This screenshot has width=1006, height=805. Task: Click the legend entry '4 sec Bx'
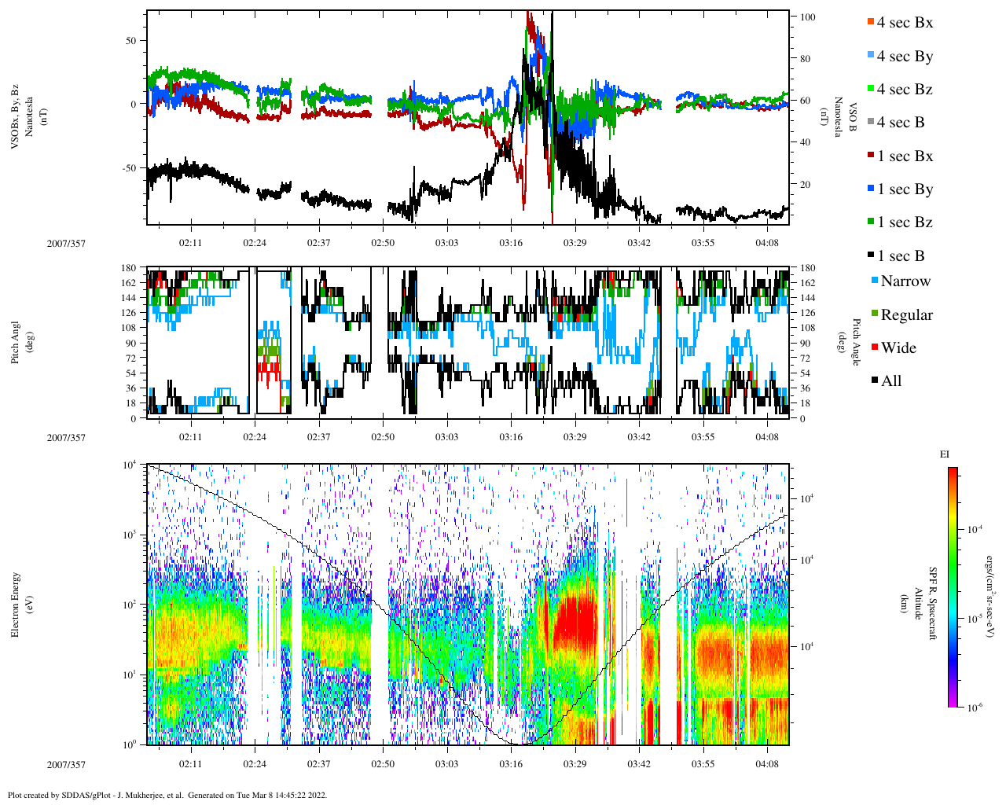click(904, 23)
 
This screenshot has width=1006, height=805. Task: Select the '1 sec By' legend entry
click(904, 189)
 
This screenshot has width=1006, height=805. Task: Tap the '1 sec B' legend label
click(901, 256)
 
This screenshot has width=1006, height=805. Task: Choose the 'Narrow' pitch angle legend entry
click(905, 281)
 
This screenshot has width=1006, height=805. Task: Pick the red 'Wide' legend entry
click(898, 348)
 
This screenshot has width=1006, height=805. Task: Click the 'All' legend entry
click(890, 381)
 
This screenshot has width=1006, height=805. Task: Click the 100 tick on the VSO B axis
click(806, 17)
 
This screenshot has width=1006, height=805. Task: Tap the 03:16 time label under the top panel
click(511, 243)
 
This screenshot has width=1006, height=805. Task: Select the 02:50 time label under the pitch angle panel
click(383, 437)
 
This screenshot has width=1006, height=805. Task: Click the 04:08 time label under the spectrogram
click(767, 764)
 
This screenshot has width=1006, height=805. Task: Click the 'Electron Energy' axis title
click(16, 604)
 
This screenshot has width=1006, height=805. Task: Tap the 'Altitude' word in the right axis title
click(917, 604)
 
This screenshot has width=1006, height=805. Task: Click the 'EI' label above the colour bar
click(945, 454)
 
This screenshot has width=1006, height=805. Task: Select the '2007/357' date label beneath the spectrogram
click(66, 764)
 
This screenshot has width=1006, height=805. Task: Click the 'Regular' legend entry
click(906, 315)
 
